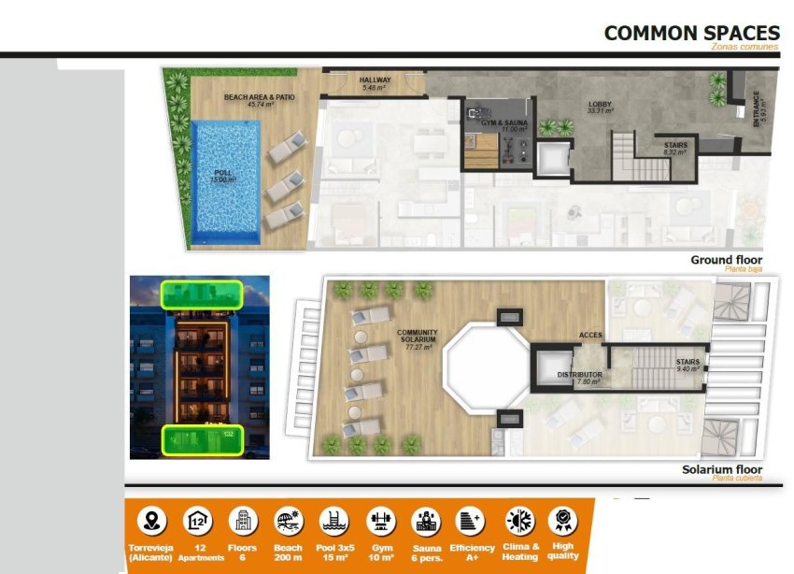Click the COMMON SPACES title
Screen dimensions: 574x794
(x=691, y=33)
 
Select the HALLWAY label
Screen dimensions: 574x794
(x=376, y=83)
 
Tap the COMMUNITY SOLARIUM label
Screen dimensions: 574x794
(x=418, y=338)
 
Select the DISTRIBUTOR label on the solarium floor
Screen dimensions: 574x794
(x=579, y=377)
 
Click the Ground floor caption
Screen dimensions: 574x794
(x=726, y=260)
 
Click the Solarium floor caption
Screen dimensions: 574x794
(x=721, y=469)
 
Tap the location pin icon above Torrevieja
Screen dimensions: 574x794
(x=151, y=521)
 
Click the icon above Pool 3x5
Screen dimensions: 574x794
(x=333, y=521)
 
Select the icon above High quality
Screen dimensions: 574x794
(x=563, y=521)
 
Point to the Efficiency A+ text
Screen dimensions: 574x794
(x=472, y=552)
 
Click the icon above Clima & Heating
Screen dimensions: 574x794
(x=518, y=521)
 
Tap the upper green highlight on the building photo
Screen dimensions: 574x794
(x=201, y=294)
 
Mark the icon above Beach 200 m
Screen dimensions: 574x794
(x=288, y=521)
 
